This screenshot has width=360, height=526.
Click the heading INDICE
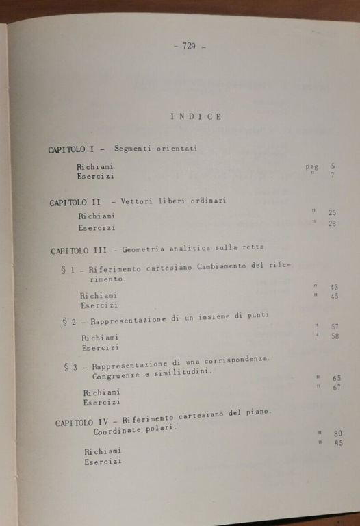point(196,116)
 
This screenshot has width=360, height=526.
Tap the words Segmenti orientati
point(152,149)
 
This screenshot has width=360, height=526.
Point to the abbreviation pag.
point(313,166)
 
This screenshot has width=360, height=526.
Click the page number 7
point(333,176)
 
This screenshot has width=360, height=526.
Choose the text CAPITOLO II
point(75,203)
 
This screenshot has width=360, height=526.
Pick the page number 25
point(332,213)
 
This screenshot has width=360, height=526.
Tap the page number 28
point(332,223)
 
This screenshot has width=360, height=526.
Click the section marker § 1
point(69,271)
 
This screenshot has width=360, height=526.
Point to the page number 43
point(334,287)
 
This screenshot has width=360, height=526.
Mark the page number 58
point(335,336)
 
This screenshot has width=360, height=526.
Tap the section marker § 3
point(71,367)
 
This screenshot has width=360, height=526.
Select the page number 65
point(337,378)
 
